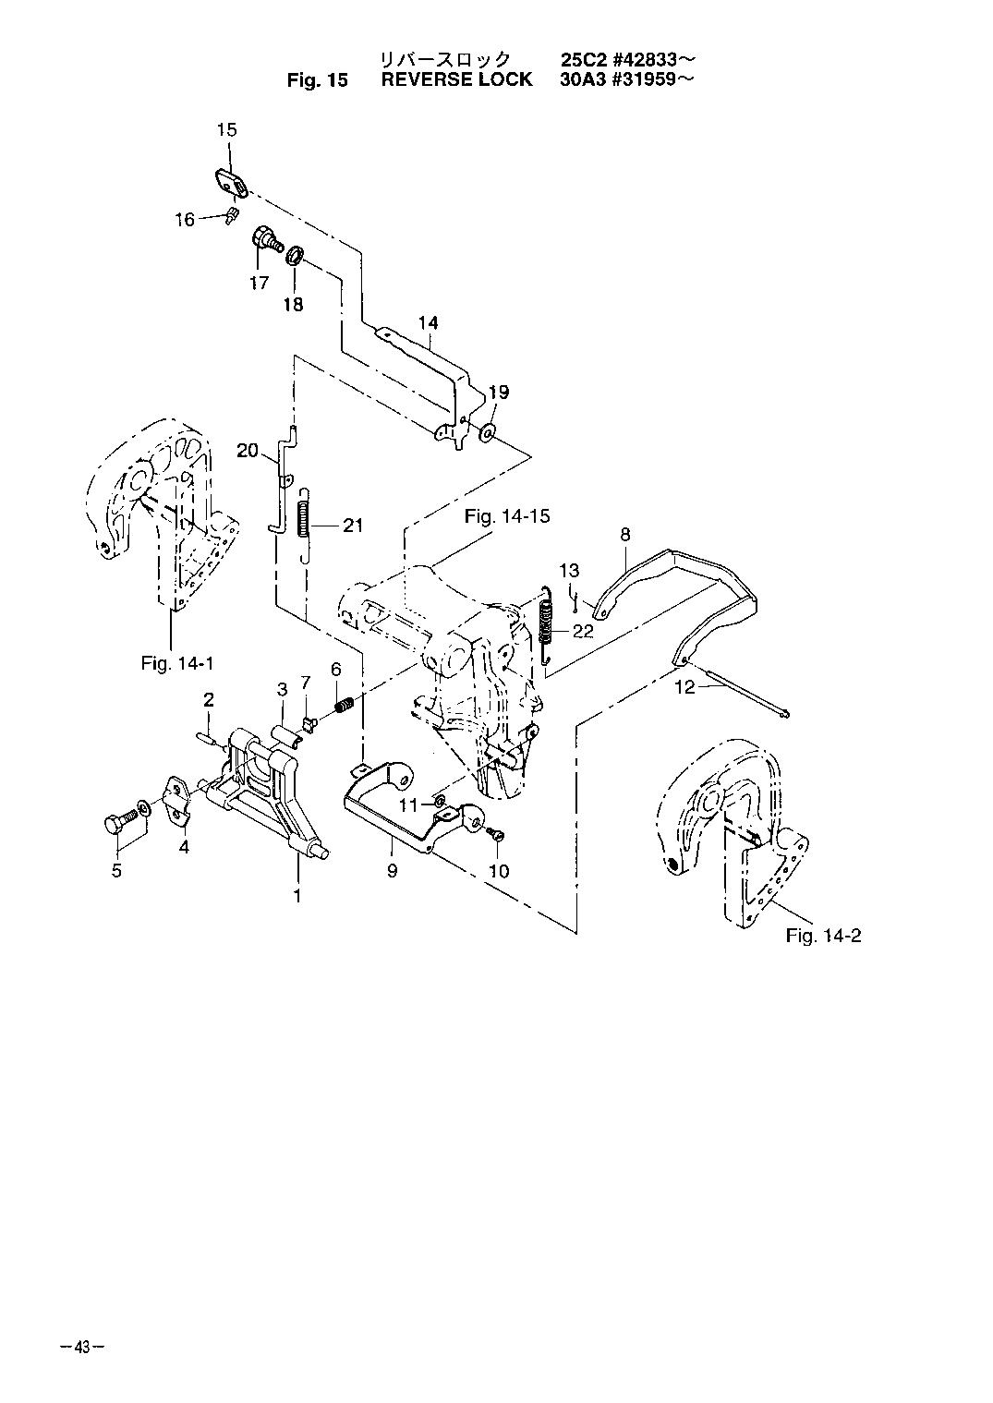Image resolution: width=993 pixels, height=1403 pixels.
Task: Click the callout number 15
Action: pyautogui.click(x=227, y=129)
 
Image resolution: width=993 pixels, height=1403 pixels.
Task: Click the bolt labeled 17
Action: pyautogui.click(x=267, y=240)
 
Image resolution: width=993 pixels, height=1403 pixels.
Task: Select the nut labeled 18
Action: pyautogui.click(x=295, y=255)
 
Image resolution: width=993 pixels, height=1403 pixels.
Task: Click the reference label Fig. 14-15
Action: pyautogui.click(x=507, y=516)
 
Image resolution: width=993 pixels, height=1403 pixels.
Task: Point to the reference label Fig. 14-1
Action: pyautogui.click(x=177, y=662)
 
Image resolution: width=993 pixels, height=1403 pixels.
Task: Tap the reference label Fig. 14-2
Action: pyautogui.click(x=824, y=936)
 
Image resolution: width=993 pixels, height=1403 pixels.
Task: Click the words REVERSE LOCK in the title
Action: pyautogui.click(x=456, y=79)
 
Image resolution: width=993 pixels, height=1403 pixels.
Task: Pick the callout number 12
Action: pyautogui.click(x=685, y=687)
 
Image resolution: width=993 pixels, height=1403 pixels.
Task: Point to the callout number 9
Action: pyautogui.click(x=393, y=870)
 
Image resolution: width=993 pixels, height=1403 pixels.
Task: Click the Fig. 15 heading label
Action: pyautogui.click(x=317, y=80)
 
